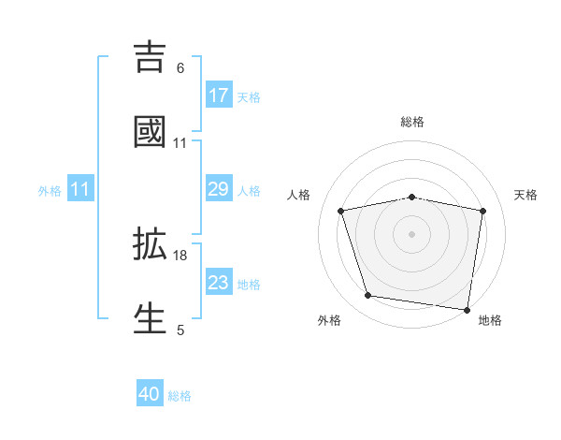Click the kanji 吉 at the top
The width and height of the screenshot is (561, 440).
point(150,56)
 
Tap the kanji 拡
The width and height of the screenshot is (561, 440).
point(150,244)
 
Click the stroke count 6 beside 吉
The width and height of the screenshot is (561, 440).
point(180,67)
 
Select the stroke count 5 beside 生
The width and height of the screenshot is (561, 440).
point(180,330)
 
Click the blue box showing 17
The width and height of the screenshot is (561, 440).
point(219,95)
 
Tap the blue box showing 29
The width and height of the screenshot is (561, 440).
point(219,189)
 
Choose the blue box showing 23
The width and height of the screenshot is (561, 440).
point(219,283)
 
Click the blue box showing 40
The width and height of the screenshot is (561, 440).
point(150,394)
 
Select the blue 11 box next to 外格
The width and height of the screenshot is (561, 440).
point(80,189)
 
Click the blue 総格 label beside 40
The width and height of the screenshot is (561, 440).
point(180,396)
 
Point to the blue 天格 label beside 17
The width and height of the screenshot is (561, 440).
point(249,97)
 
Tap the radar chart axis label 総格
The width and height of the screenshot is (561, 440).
point(411,123)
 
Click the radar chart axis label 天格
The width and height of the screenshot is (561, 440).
point(526,195)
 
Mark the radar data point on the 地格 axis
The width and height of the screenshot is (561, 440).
point(467,309)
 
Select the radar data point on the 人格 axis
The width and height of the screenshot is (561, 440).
point(341,211)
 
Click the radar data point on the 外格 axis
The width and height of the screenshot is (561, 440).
point(368,296)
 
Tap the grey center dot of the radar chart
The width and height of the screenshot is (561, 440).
point(411,233)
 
